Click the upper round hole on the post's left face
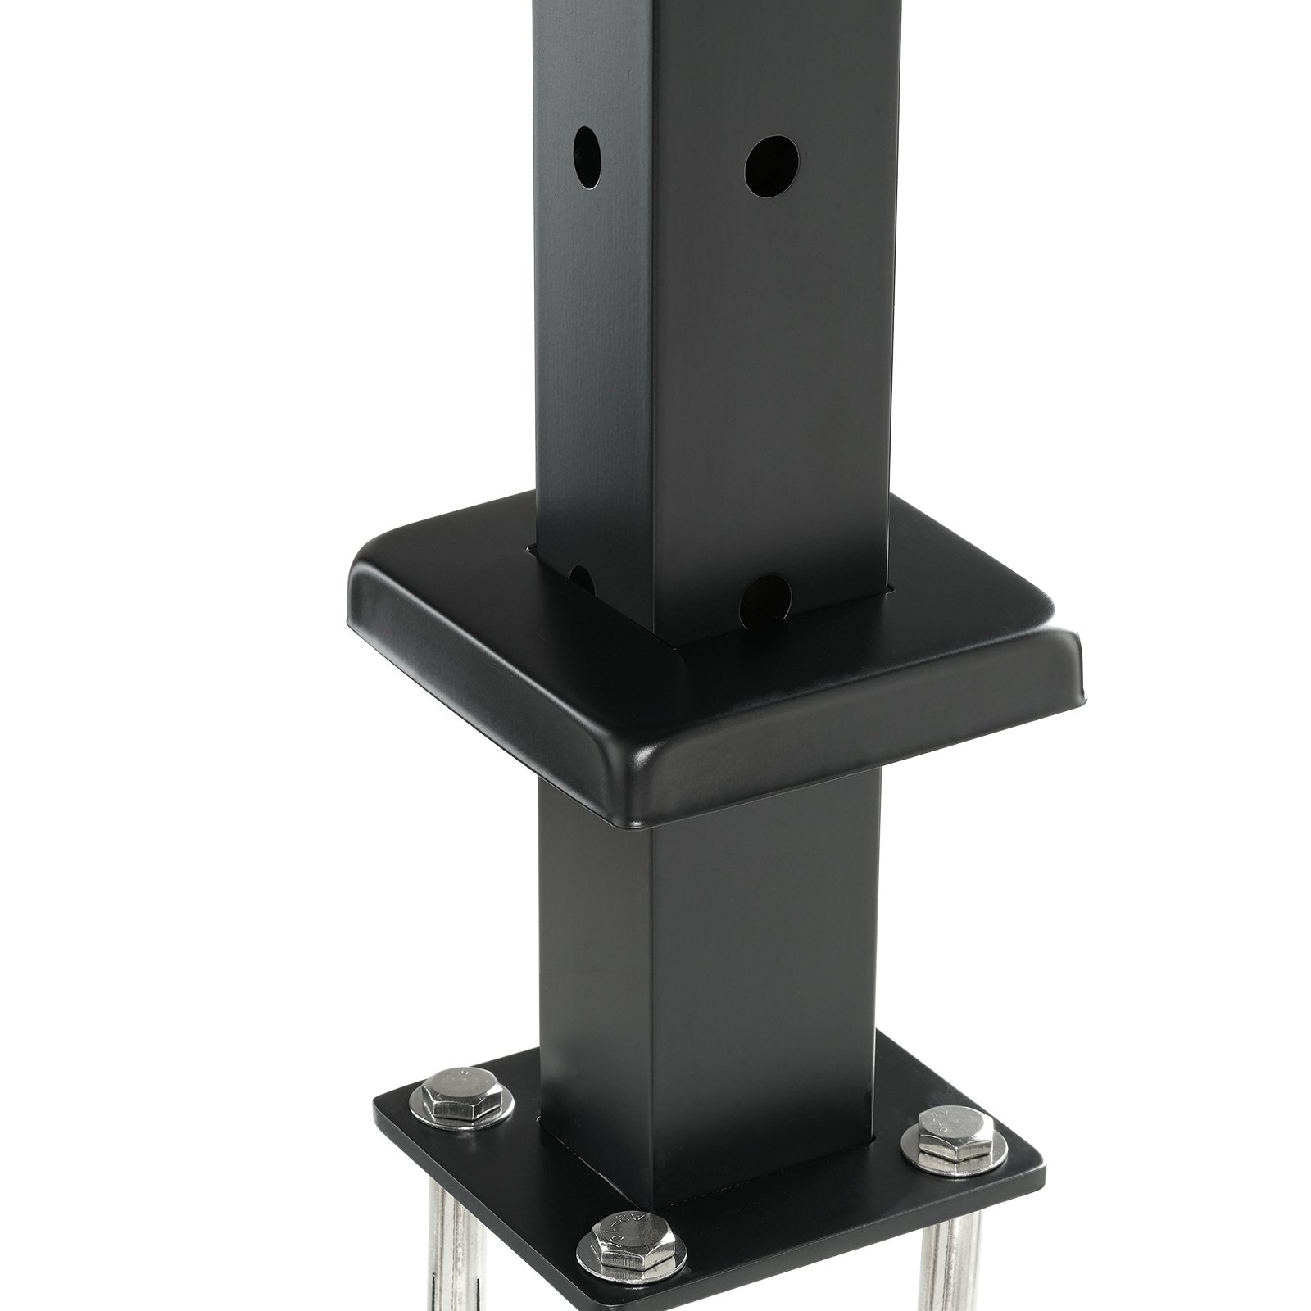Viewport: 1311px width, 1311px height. [587, 155]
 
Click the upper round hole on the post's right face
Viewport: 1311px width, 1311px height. [771, 166]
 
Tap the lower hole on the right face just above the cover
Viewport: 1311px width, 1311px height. [764, 601]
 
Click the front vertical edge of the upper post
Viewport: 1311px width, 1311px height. [653, 328]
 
